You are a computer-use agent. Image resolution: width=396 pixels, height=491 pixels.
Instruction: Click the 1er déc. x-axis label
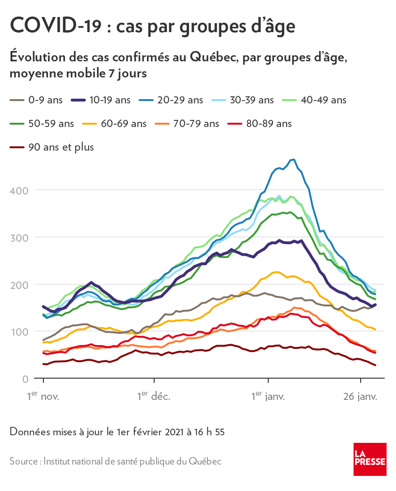pos(154,396)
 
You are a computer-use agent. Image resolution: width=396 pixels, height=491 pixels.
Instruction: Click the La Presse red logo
pos(370,459)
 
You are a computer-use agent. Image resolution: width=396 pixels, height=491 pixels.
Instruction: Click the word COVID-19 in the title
pos(55,26)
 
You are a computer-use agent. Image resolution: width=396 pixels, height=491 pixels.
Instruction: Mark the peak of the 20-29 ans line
pos(294,159)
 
